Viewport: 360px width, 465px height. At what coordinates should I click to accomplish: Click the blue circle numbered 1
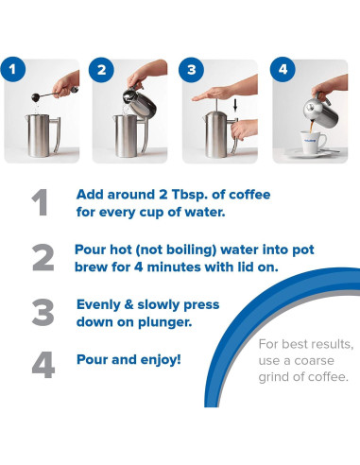pyautogui.click(x=11, y=70)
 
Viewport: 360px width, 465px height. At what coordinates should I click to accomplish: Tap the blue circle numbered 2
pyautogui.click(x=102, y=70)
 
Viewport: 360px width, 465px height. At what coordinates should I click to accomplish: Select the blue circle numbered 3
pyautogui.click(x=193, y=70)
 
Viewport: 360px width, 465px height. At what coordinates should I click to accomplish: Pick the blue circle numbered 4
pyautogui.click(x=283, y=70)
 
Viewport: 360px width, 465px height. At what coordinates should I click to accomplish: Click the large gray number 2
pyautogui.click(x=43, y=258)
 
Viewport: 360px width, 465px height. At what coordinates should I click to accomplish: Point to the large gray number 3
pyautogui.click(x=43, y=312)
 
